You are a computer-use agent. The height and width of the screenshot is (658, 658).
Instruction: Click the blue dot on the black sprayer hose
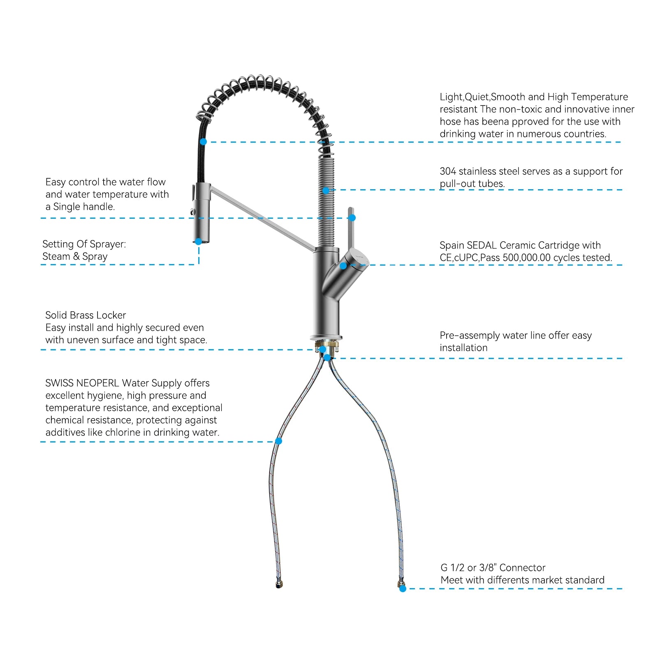203,141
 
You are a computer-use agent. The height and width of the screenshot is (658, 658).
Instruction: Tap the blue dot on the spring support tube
326,190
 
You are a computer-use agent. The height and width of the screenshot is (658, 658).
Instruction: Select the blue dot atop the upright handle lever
352,218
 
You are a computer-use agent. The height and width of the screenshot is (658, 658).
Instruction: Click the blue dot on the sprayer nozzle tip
199,241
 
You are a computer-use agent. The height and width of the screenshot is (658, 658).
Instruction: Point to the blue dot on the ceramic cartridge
343,266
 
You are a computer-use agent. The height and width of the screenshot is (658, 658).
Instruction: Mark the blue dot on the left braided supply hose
278,441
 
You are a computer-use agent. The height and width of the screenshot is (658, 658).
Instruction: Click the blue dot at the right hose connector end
403,588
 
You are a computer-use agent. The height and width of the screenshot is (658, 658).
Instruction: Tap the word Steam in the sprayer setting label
56,257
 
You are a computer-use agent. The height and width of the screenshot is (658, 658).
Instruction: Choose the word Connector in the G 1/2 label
522,568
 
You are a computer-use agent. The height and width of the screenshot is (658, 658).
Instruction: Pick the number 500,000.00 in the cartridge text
526,258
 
